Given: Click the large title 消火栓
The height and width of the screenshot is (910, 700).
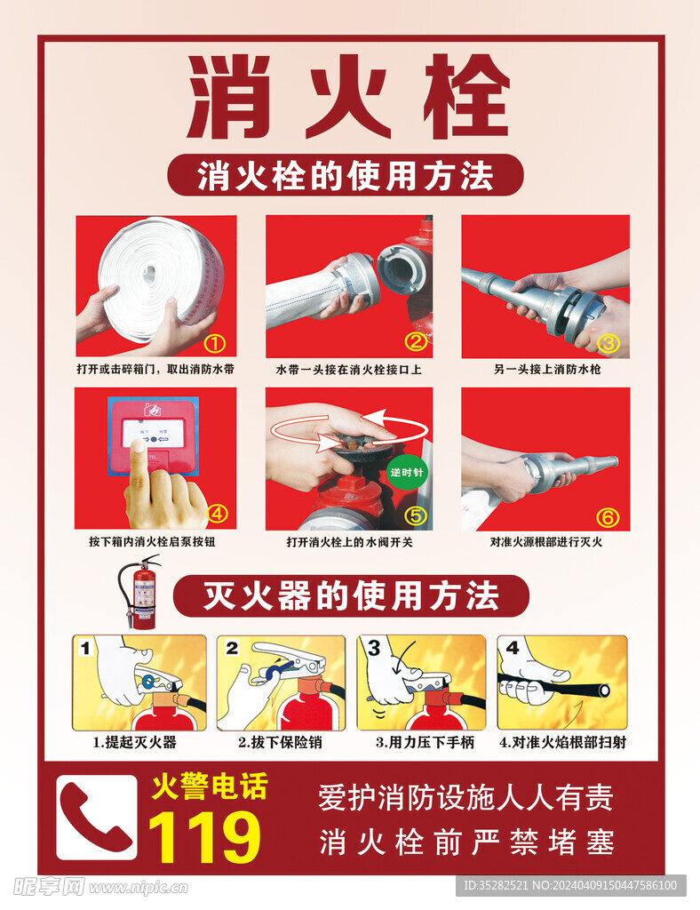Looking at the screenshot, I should tap(348, 98).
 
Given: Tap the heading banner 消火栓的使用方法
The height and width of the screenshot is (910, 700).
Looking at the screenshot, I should tap(345, 175).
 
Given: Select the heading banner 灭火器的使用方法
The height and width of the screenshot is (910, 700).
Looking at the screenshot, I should tap(351, 595).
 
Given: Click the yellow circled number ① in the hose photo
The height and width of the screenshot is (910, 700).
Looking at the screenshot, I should tap(215, 343).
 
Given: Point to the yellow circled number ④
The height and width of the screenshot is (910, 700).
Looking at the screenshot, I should tap(217, 513).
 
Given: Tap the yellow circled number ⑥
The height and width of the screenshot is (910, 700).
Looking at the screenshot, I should tap(607, 516).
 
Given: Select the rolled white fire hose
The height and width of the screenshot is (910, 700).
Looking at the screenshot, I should tap(160, 271).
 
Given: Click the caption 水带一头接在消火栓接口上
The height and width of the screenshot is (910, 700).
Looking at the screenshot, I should tap(348, 369).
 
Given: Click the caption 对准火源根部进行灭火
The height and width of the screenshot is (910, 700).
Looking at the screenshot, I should tap(545, 541).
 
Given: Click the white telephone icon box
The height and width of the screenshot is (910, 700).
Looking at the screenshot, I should tap(97, 817).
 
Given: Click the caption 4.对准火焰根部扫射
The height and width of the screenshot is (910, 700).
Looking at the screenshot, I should tap(562, 742).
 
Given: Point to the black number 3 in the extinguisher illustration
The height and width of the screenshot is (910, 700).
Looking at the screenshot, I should tap(374, 649).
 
